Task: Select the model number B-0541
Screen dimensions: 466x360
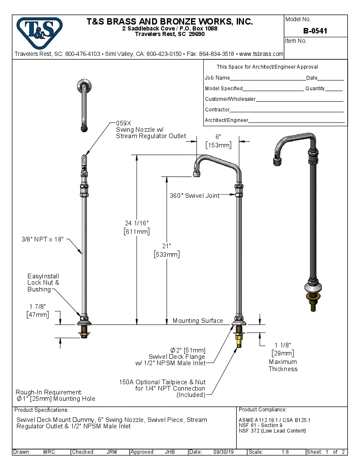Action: coord(315,31)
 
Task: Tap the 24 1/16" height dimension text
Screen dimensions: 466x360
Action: coord(136,223)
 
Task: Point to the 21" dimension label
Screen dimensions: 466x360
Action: coord(166,246)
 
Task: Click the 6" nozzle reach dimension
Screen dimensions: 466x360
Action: coord(218,137)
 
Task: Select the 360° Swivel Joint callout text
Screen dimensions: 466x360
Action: coord(195,195)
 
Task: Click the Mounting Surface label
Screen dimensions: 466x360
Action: coord(197,321)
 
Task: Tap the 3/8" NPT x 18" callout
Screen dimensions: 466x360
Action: coord(42,239)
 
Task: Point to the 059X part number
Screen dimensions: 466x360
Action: coord(124,123)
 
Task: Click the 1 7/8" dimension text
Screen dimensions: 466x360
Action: coord(38,306)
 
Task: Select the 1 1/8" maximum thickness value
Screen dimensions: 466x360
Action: coord(282,345)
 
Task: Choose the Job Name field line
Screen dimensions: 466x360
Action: coord(268,78)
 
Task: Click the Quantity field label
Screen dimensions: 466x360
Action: coord(315,89)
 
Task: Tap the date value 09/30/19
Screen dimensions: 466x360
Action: coord(224,452)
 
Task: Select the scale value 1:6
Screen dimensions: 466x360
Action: coord(285,452)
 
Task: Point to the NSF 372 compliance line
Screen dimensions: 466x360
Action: coord(272,431)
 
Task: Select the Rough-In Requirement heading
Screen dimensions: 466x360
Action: coord(49,392)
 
